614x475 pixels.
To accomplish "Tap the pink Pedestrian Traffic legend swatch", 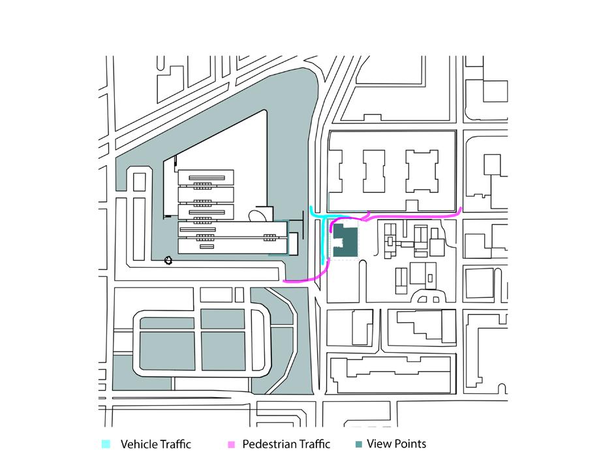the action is (231, 444).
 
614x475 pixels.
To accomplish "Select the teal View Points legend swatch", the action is (358, 444).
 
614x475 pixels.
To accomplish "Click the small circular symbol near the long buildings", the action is (168, 260).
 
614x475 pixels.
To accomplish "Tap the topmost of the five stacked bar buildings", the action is (206, 176).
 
